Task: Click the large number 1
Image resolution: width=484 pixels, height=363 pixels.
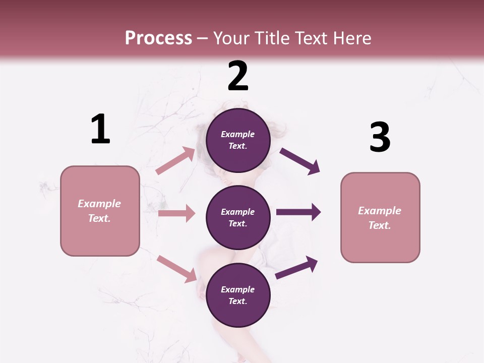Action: (100, 129)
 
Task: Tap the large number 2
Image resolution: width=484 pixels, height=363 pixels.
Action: (238, 76)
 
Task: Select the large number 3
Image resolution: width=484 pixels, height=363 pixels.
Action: (380, 137)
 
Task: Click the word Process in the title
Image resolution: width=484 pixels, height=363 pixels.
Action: (158, 38)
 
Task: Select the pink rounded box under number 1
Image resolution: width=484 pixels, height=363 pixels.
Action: (100, 211)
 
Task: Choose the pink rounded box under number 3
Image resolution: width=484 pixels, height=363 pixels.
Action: (380, 218)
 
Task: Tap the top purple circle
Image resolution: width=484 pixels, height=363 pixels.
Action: (238, 140)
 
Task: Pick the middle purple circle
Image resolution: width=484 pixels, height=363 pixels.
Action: (238, 217)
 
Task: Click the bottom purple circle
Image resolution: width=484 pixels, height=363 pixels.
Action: (238, 295)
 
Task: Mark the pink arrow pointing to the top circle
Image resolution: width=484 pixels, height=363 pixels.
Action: (175, 161)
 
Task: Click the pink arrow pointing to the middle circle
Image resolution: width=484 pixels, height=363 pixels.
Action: (176, 213)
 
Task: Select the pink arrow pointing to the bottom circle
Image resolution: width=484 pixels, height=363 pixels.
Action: (177, 269)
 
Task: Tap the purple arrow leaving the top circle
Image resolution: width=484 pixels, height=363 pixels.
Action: (300, 161)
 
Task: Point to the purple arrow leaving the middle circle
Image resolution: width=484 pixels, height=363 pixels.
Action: (298, 212)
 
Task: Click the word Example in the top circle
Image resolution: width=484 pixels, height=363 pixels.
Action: (238, 134)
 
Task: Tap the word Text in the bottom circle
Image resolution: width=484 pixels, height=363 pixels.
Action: (237, 301)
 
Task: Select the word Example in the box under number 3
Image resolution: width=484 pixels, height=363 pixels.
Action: (380, 211)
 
